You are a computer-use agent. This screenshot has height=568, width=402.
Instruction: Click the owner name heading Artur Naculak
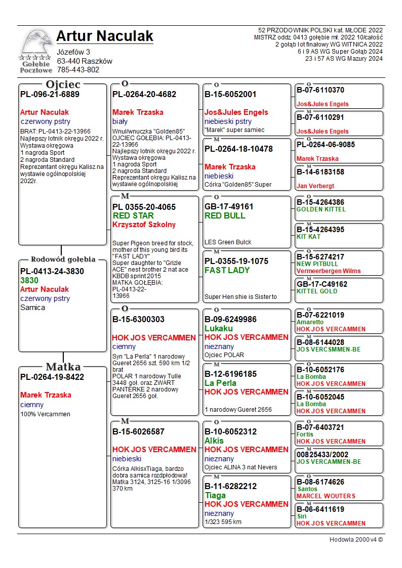tap(104, 36)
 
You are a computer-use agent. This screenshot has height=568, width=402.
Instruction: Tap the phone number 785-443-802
tap(78, 70)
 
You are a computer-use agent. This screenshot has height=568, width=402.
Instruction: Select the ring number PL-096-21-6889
tap(50, 94)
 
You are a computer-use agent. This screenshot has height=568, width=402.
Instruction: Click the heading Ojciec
tap(63, 84)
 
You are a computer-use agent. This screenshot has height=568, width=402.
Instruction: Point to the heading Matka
tap(63, 367)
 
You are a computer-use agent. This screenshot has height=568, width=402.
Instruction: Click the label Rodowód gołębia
tap(63, 259)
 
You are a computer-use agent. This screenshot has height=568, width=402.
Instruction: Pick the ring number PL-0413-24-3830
tap(52, 271)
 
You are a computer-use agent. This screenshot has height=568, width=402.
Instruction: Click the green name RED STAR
tap(133, 216)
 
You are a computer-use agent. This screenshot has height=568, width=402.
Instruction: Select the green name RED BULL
tap(225, 216)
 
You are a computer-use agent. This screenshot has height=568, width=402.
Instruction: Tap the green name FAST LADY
tap(227, 271)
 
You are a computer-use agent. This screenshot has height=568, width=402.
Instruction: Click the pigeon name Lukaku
tap(219, 329)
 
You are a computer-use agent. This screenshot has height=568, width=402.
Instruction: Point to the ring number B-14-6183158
tap(320, 172)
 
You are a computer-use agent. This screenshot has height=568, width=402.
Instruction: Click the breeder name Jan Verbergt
tap(315, 186)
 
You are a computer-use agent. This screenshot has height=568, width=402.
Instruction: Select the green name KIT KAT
tap(310, 237)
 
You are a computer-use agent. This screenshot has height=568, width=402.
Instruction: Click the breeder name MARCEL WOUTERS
tap(326, 496)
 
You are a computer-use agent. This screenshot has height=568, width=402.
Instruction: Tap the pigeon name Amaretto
tap(310, 322)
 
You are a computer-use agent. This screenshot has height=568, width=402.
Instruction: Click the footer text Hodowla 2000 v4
tap(356, 540)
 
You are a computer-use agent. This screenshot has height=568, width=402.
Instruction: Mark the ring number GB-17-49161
tap(229, 207)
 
